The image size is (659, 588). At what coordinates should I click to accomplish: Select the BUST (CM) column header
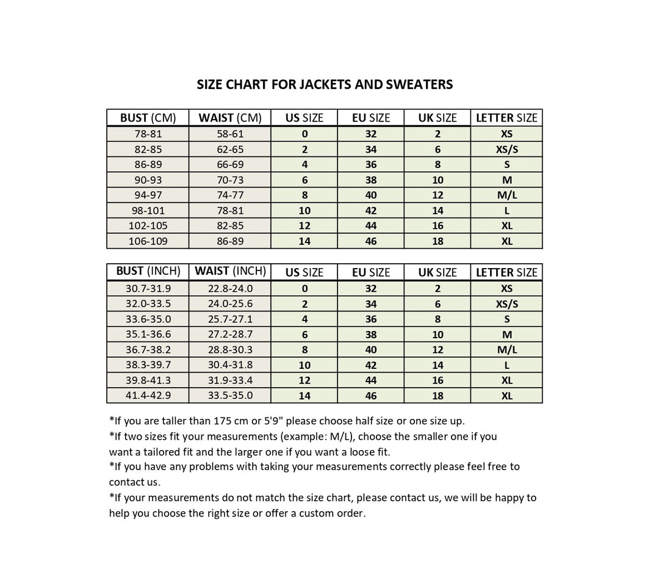pyautogui.click(x=148, y=118)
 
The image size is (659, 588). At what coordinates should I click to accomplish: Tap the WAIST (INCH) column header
pyautogui.click(x=230, y=271)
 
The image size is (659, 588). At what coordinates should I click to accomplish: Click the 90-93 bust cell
pyautogui.click(x=148, y=180)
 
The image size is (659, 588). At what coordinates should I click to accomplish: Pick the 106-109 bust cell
pyautogui.click(x=148, y=241)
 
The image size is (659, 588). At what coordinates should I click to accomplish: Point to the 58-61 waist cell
pyautogui.click(x=230, y=134)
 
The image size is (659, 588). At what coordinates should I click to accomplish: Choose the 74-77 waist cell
pyautogui.click(x=230, y=195)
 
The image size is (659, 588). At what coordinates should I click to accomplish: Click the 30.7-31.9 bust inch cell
pyautogui.click(x=148, y=289)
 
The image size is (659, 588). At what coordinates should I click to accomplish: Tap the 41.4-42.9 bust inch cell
pyautogui.click(x=148, y=396)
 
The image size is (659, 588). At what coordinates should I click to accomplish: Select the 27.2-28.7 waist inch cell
pyautogui.click(x=230, y=335)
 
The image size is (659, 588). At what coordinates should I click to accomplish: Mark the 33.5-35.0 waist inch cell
pyautogui.click(x=230, y=396)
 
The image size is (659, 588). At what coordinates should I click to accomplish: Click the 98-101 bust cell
pyautogui.click(x=148, y=211)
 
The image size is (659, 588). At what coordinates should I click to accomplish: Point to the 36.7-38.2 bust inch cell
pyautogui.click(x=148, y=350)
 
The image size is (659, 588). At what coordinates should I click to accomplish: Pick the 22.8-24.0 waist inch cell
pyautogui.click(x=230, y=289)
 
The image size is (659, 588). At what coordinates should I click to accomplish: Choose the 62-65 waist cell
pyautogui.click(x=230, y=150)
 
